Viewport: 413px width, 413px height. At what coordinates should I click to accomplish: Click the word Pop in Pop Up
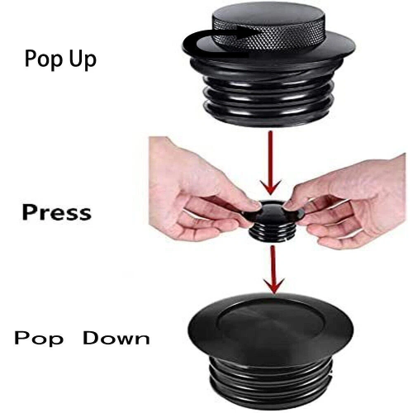click(44, 59)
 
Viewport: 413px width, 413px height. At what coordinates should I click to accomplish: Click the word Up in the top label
click(83, 59)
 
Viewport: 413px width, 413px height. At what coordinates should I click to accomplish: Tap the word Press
click(57, 212)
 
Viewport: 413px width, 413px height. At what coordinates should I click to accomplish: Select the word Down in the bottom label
click(116, 338)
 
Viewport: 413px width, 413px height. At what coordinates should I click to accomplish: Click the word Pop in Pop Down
click(39, 339)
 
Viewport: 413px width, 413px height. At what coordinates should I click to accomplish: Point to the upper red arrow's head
click(271, 188)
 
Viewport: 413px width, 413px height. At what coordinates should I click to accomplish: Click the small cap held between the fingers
click(272, 221)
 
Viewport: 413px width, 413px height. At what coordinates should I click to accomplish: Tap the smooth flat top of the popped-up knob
click(268, 16)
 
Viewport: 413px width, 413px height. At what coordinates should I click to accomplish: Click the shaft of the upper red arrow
click(270, 157)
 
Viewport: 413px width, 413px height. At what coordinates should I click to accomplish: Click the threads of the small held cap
click(271, 234)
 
